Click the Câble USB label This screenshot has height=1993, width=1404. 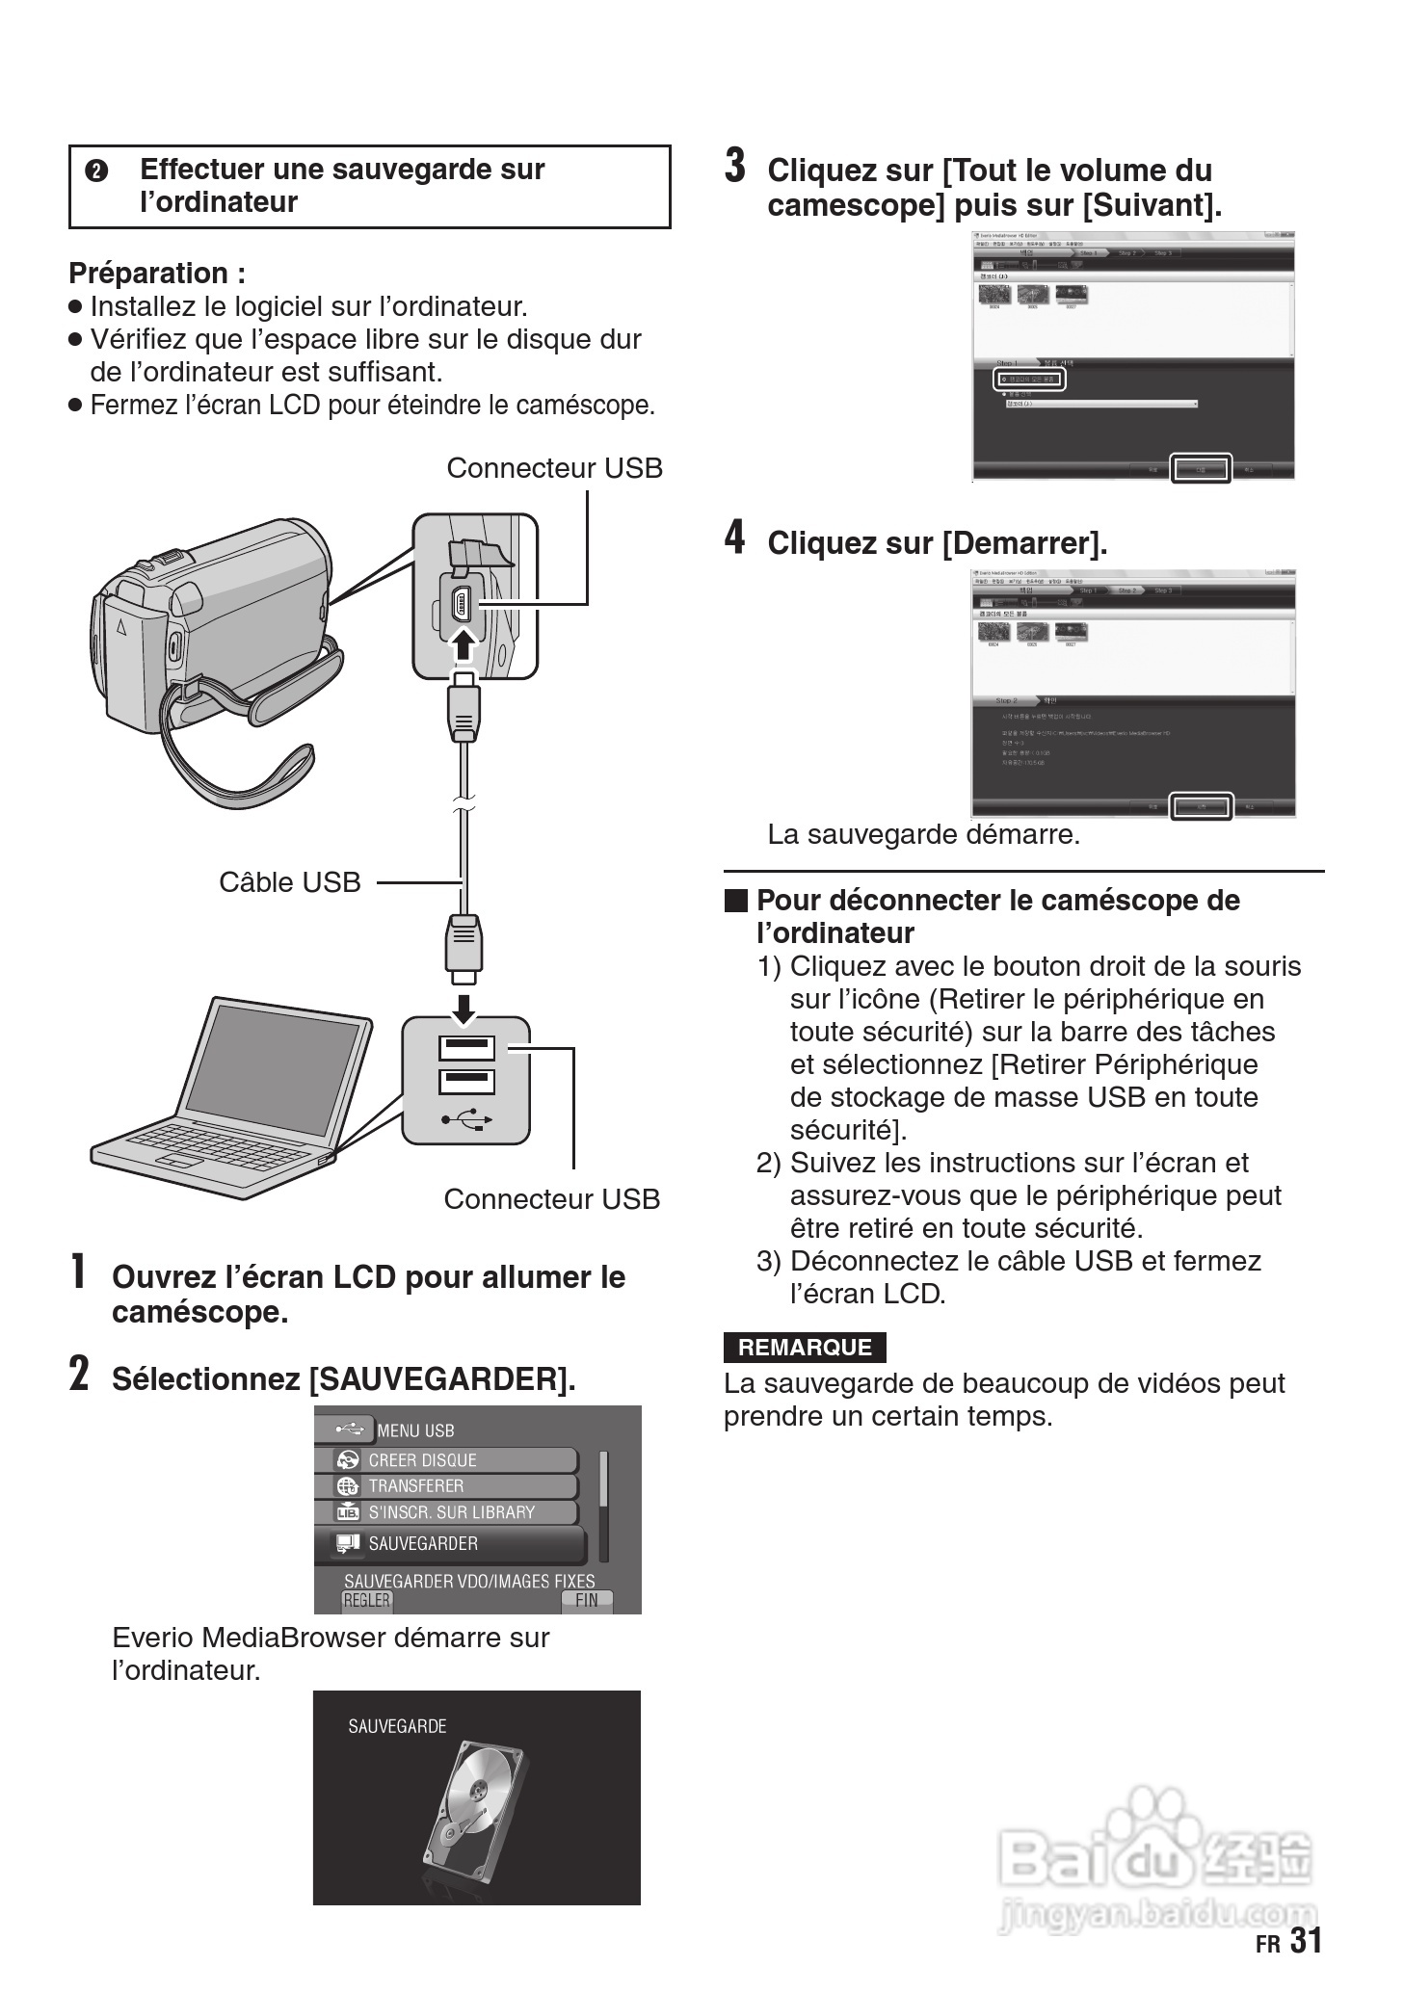[x=289, y=881]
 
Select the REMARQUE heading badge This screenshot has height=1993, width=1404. [x=804, y=1347]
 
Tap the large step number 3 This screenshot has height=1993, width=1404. [x=735, y=166]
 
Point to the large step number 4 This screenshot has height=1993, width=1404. [x=735, y=538]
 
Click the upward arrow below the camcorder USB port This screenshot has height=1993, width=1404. [x=464, y=643]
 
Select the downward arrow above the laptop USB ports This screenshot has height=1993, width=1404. [x=464, y=1008]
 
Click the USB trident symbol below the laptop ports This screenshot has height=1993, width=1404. [x=466, y=1119]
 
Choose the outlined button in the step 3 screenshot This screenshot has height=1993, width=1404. [x=1201, y=469]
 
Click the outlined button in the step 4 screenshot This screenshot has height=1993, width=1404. [x=1201, y=806]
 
